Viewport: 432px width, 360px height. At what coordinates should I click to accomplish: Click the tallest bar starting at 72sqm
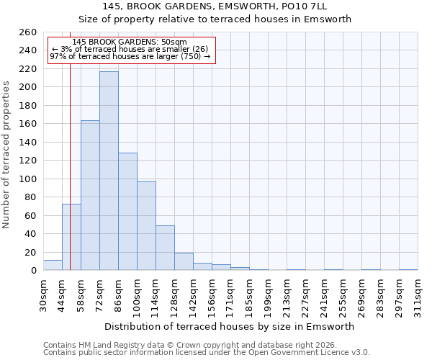pos(109,171)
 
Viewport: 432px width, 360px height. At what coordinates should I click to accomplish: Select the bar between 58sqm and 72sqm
pos(90,195)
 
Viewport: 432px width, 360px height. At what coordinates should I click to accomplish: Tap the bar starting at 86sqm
pos(127,212)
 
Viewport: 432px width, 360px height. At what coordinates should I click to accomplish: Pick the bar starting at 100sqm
pos(146,226)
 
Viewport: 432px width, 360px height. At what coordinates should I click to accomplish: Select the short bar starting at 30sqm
pos(53,266)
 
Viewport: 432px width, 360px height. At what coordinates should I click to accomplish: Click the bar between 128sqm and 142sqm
pos(184,262)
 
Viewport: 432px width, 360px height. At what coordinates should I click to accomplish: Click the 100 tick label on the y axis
pos(28,179)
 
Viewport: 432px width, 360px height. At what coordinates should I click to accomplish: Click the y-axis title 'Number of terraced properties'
pos(7,155)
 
